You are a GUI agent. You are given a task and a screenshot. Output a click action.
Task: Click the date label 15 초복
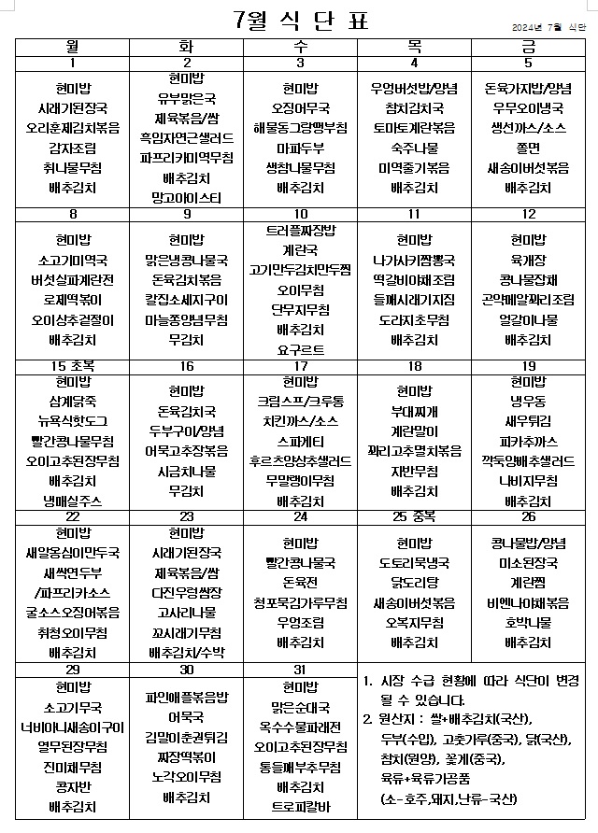pyautogui.click(x=72, y=366)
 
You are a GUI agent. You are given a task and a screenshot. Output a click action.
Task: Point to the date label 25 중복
pyautogui.click(x=414, y=516)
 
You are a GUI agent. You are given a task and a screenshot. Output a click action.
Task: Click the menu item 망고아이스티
pyautogui.click(x=186, y=197)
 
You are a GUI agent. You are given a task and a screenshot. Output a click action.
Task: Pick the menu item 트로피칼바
pyautogui.click(x=300, y=806)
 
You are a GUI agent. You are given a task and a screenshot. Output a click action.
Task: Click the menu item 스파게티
pyautogui.click(x=300, y=440)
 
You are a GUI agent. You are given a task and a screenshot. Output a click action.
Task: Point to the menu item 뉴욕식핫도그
pyautogui.click(x=72, y=420)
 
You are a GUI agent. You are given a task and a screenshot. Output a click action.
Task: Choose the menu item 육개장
pyautogui.click(x=528, y=259)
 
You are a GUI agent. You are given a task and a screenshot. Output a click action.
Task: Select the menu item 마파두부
pyautogui.click(x=300, y=148)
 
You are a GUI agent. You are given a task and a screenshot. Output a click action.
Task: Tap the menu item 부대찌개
pyautogui.click(x=414, y=410)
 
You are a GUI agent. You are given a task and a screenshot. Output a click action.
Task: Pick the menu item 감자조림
pyautogui.click(x=72, y=148)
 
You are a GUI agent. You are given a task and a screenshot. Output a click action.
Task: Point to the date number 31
pyautogui.click(x=300, y=670)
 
